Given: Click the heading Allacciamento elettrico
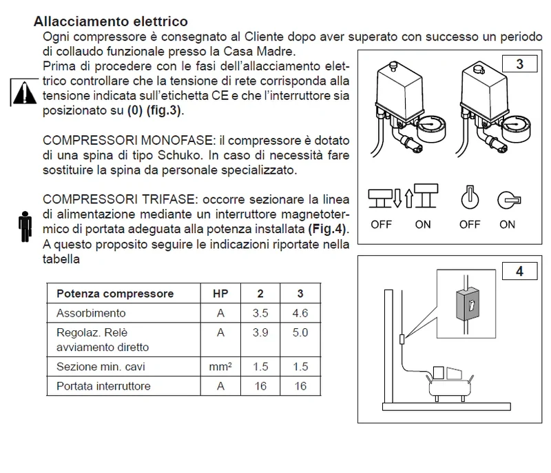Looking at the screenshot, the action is click(111, 21).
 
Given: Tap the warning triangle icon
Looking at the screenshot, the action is click(24, 93).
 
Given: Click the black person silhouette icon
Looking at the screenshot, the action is click(25, 226).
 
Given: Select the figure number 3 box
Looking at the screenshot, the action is click(520, 64).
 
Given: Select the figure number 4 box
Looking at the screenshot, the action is click(520, 271).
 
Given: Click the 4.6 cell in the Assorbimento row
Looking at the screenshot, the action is click(300, 313).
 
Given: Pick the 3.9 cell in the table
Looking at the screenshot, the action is click(260, 332).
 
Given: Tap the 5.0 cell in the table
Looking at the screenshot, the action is click(300, 332).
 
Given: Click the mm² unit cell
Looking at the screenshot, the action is click(220, 366).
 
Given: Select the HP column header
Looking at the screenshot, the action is click(220, 293).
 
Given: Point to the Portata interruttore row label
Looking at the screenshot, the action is click(103, 386).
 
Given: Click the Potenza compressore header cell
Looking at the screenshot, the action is click(115, 293).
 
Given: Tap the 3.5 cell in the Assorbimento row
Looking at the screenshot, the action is click(260, 313).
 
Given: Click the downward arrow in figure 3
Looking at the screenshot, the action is click(397, 198).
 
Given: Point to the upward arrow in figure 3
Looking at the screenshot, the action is click(409, 199).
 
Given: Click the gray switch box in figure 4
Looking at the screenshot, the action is click(468, 305).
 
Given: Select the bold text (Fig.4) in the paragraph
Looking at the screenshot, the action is click(326, 229).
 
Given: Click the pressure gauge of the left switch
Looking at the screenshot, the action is click(432, 128).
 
